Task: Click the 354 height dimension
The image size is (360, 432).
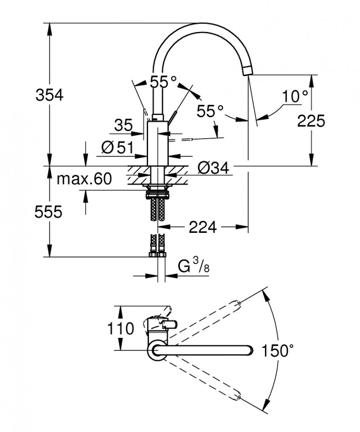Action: coord(49,95)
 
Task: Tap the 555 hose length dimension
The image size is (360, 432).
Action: coord(48,212)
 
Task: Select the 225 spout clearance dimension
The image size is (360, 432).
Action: coord(311,121)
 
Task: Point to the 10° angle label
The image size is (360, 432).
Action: coord(295,96)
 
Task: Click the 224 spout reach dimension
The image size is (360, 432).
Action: coord(202,227)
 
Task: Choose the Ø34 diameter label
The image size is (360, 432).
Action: coord(213,168)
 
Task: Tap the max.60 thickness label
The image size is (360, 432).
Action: coord(84,179)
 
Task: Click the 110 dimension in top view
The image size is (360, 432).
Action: coord(121,328)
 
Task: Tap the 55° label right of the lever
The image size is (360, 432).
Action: coord(210,110)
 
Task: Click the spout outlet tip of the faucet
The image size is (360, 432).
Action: coord(248,71)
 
